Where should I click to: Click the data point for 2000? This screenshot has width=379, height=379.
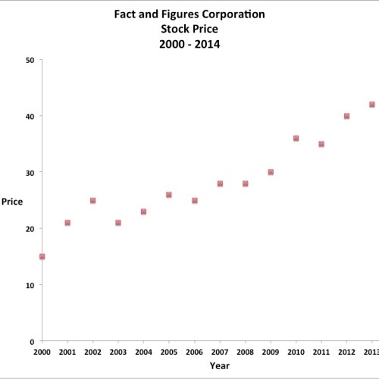pyautogui.click(x=42, y=257)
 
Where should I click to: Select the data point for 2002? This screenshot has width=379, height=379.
pyautogui.click(x=92, y=201)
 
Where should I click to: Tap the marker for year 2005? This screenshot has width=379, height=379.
pyautogui.click(x=169, y=195)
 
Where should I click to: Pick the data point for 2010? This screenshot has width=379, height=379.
pyautogui.click(x=296, y=139)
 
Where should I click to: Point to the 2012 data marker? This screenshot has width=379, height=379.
pyautogui.click(x=346, y=116)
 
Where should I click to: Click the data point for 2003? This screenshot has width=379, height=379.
pyautogui.click(x=118, y=223)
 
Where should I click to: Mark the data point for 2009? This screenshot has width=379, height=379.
pyautogui.click(x=271, y=172)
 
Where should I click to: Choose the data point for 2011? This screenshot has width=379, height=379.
pyautogui.click(x=321, y=144)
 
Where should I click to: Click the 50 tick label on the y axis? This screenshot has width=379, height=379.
pyautogui.click(x=29, y=60)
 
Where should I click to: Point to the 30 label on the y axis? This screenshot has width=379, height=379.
pyautogui.click(x=29, y=173)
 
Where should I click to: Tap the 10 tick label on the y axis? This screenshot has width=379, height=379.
pyautogui.click(x=29, y=285)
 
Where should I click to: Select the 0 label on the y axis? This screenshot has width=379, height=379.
pyautogui.click(x=31, y=342)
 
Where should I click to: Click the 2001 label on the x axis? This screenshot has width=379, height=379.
pyautogui.click(x=67, y=352)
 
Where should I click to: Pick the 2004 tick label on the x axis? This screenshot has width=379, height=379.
pyautogui.click(x=143, y=352)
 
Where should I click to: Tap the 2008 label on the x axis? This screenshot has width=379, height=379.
pyautogui.click(x=245, y=352)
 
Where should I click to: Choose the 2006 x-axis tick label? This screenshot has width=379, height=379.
pyautogui.click(x=194, y=352)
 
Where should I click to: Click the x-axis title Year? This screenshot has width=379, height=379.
pyautogui.click(x=220, y=366)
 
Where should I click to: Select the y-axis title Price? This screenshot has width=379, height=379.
pyautogui.click(x=12, y=201)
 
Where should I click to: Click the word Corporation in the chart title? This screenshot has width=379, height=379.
pyautogui.click(x=232, y=14)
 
